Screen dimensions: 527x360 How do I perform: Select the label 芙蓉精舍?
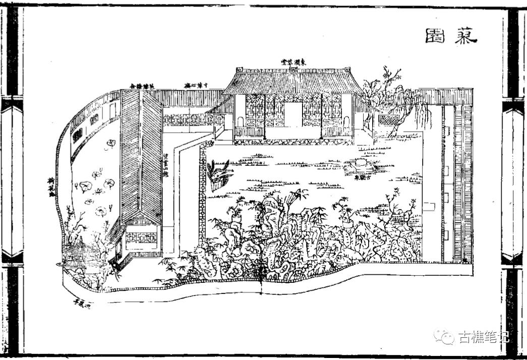click(x=143, y=85)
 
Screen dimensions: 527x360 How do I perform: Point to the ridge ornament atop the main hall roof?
click(x=294, y=69)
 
